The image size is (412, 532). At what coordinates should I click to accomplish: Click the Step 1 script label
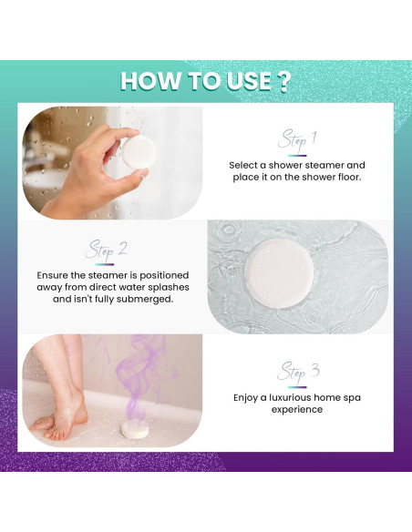coord(297,139)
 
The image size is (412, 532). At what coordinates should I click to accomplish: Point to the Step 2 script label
coord(107,249)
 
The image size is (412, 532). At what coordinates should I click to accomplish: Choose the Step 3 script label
coord(297,371)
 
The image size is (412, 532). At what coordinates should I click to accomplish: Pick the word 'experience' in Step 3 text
coord(296,409)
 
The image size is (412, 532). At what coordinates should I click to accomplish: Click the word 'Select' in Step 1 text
coord(245,165)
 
